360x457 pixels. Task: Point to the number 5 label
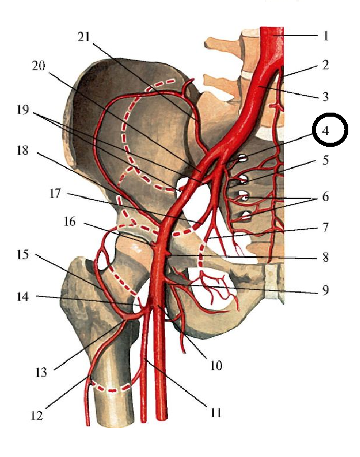(x=325, y=161)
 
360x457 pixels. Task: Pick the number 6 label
(x=325, y=197)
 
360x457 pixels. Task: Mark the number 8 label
(x=325, y=257)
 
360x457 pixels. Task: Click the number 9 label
(x=325, y=290)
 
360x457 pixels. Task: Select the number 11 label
(x=216, y=412)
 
